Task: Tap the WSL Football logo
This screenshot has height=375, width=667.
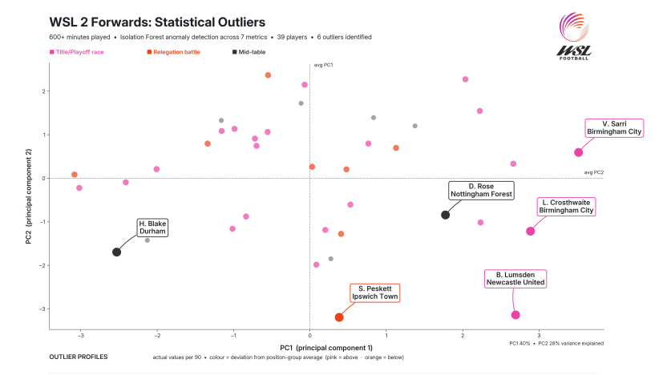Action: point(574,36)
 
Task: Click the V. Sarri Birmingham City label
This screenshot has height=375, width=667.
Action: point(613,129)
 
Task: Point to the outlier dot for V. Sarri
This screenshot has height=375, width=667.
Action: point(578,152)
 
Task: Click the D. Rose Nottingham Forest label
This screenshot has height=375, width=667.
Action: point(480,190)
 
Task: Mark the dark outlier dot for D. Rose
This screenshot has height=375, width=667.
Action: point(445,215)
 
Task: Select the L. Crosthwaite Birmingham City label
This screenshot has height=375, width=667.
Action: point(566,207)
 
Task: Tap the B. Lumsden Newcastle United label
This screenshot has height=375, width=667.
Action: point(515,278)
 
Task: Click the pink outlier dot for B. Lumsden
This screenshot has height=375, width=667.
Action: point(515,315)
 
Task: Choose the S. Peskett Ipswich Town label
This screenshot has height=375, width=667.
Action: point(374,292)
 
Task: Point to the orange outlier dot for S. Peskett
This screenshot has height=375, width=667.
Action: point(339,317)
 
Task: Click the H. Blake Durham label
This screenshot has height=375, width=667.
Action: point(152,228)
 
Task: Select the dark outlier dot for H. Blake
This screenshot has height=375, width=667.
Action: point(116,252)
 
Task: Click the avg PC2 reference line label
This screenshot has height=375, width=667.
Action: point(593,173)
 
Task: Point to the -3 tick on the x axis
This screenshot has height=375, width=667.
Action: point(80,335)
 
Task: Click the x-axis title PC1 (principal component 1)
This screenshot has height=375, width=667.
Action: point(326,347)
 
